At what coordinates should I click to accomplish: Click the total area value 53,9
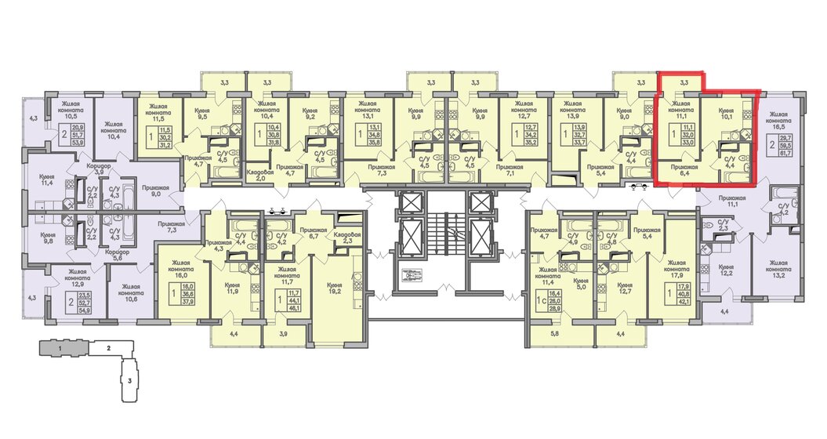[x=78, y=143]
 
